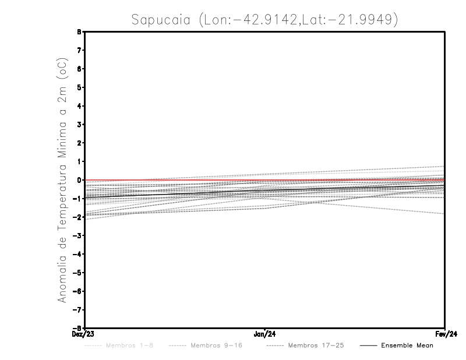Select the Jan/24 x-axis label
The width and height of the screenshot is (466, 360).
click(265, 334)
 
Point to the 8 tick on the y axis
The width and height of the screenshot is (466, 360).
click(78, 32)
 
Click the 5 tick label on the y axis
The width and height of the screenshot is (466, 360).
click(78, 87)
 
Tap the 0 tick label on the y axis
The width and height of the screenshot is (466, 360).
click(78, 180)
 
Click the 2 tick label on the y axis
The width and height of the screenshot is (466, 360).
click(78, 143)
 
